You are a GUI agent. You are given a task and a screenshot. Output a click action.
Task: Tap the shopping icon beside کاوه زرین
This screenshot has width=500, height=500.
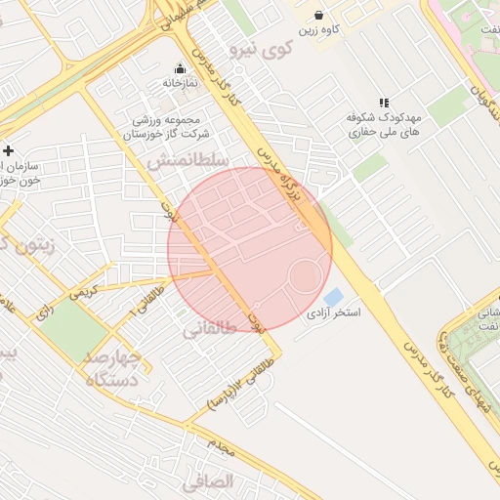click(x=319, y=15)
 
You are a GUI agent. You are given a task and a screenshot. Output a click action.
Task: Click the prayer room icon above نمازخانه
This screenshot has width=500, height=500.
click(x=180, y=69)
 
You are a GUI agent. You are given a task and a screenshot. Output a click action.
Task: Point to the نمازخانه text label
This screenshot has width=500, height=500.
click(x=180, y=84)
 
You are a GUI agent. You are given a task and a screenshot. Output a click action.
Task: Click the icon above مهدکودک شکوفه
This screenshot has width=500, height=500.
click(x=385, y=102)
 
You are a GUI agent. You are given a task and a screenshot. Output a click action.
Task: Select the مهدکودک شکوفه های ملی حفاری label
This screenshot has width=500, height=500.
click(x=385, y=123)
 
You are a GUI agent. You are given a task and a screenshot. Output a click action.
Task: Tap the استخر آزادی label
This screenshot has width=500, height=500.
click(x=335, y=314)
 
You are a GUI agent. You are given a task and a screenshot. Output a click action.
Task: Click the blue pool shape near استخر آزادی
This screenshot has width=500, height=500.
click(x=333, y=296)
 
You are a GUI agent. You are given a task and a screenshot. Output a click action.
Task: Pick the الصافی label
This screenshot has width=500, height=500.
click(x=208, y=480)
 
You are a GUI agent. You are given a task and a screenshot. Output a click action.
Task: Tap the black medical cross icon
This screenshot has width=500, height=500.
click(x=9, y=151)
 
